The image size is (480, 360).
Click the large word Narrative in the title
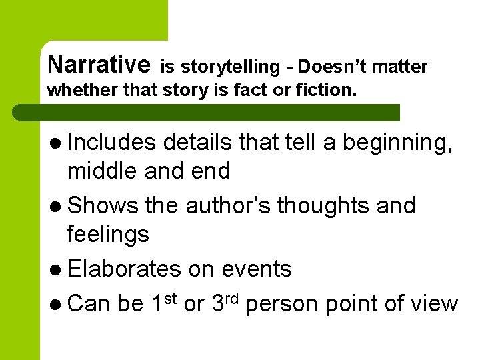point(99,64)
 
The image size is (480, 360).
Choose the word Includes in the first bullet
point(111,142)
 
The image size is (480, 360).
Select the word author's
point(228,205)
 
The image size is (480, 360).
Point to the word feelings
point(107,235)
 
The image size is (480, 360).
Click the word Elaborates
point(124,269)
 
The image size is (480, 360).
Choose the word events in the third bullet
point(256,269)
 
